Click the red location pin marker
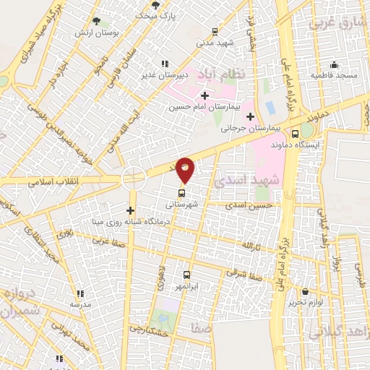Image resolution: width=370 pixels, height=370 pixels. click(186, 170)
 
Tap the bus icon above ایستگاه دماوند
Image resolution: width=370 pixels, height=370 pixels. click(294, 133)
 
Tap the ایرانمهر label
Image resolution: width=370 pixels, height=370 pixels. click(185, 286)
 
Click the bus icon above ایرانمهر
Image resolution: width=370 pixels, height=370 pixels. click(186, 275)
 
